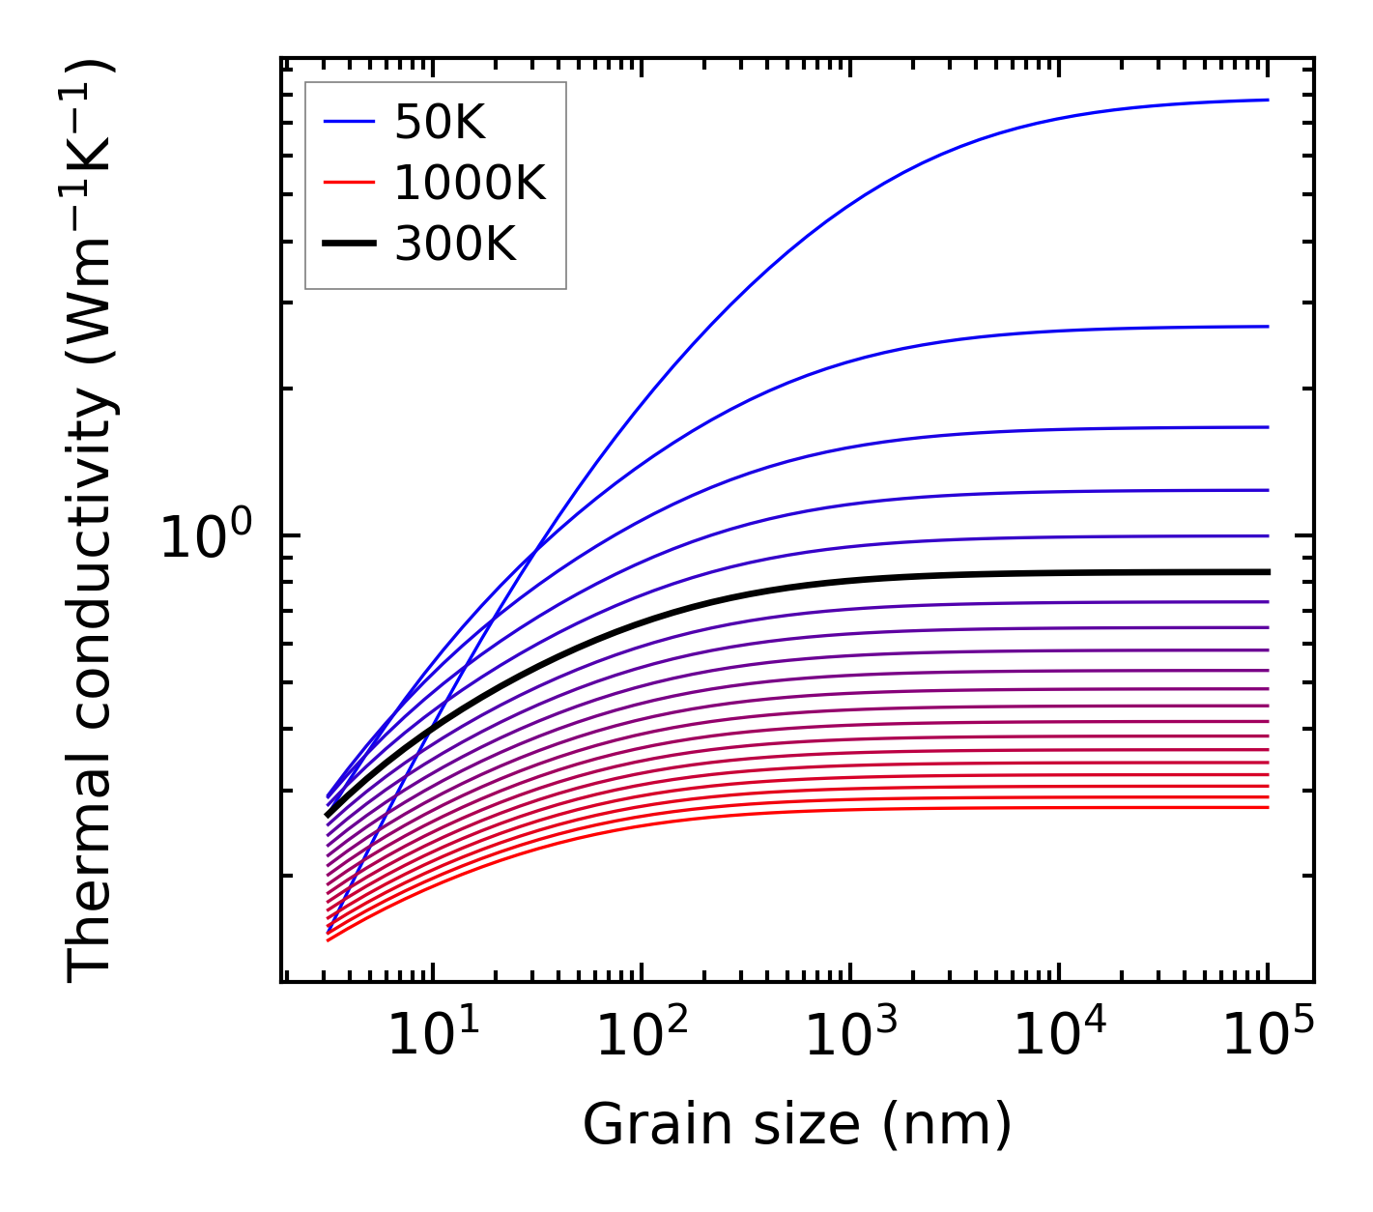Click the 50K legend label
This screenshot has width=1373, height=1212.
440,122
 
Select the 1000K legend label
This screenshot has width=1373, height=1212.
470,183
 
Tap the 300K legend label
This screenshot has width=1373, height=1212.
455,245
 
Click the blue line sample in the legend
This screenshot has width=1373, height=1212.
349,122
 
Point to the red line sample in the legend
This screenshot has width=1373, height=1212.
349,183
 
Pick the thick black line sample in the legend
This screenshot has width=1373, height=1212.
349,245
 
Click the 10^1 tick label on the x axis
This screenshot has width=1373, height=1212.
434,1035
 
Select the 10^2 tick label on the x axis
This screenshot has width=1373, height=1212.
643,1035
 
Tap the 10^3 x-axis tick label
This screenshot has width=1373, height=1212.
851,1035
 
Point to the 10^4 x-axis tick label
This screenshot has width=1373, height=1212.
1060,1035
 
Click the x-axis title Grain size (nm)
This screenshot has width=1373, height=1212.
797,1125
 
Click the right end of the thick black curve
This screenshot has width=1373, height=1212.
1267,572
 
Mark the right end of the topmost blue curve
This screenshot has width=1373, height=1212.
1267,100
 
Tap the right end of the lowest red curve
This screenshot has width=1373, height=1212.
1267,807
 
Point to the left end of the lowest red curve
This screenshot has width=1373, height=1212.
329,939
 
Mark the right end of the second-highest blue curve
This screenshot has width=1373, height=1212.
1267,327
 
